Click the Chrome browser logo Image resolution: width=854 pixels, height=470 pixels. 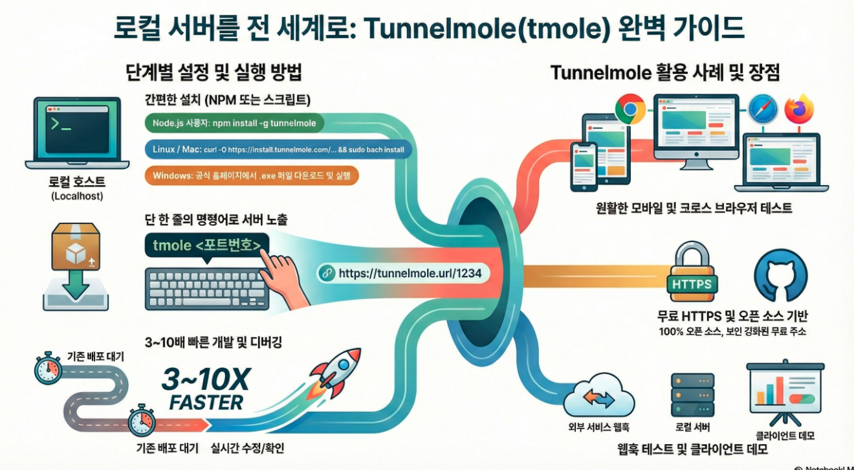[630, 109]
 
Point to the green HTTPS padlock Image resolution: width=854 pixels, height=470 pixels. [692, 275]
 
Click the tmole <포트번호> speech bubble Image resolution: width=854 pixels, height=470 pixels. [207, 246]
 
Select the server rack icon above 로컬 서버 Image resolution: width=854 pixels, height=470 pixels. [692, 395]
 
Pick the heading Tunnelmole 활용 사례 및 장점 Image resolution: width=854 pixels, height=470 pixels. [664, 73]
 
